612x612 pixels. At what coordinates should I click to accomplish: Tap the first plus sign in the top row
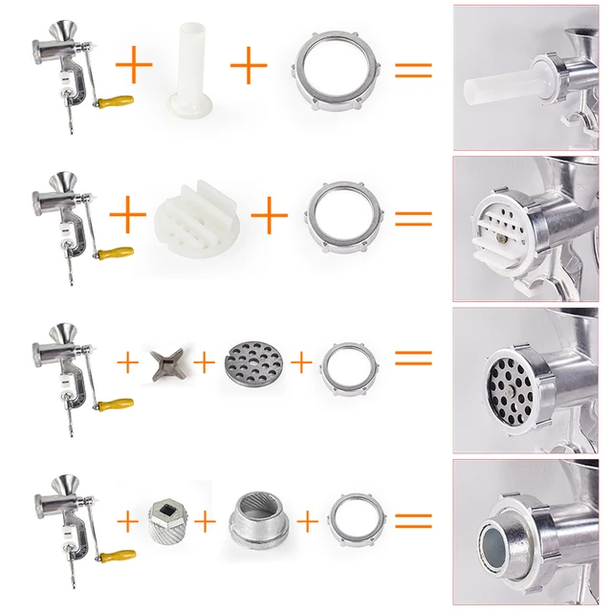tap(135, 67)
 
